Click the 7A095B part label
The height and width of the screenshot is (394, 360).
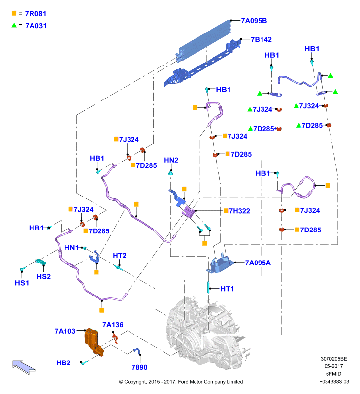(x=254, y=21)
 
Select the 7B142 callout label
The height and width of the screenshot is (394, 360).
(x=262, y=40)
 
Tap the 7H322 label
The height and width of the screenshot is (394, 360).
(x=239, y=211)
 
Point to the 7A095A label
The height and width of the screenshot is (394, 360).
(x=258, y=263)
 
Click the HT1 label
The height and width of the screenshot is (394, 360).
(x=227, y=289)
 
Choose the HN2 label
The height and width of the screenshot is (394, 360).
(x=171, y=161)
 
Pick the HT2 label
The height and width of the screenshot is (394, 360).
(x=120, y=256)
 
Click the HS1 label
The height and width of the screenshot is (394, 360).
(x=22, y=283)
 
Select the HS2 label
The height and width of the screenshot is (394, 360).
(x=44, y=277)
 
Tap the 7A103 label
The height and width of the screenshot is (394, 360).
(x=65, y=331)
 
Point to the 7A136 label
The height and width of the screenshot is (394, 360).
(x=113, y=325)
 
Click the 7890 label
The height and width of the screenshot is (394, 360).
(x=139, y=367)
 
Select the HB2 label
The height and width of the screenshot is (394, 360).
(x=64, y=363)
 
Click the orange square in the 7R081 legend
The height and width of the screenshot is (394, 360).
(x=14, y=14)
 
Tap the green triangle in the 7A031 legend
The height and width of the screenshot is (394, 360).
(x=14, y=25)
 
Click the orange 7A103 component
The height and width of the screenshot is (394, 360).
(x=94, y=341)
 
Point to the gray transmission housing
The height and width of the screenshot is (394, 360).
(x=206, y=331)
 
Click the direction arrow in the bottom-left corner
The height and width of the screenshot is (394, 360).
(x=24, y=367)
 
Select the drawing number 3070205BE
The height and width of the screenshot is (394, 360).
(x=333, y=359)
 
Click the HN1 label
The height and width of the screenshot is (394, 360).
(x=71, y=248)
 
